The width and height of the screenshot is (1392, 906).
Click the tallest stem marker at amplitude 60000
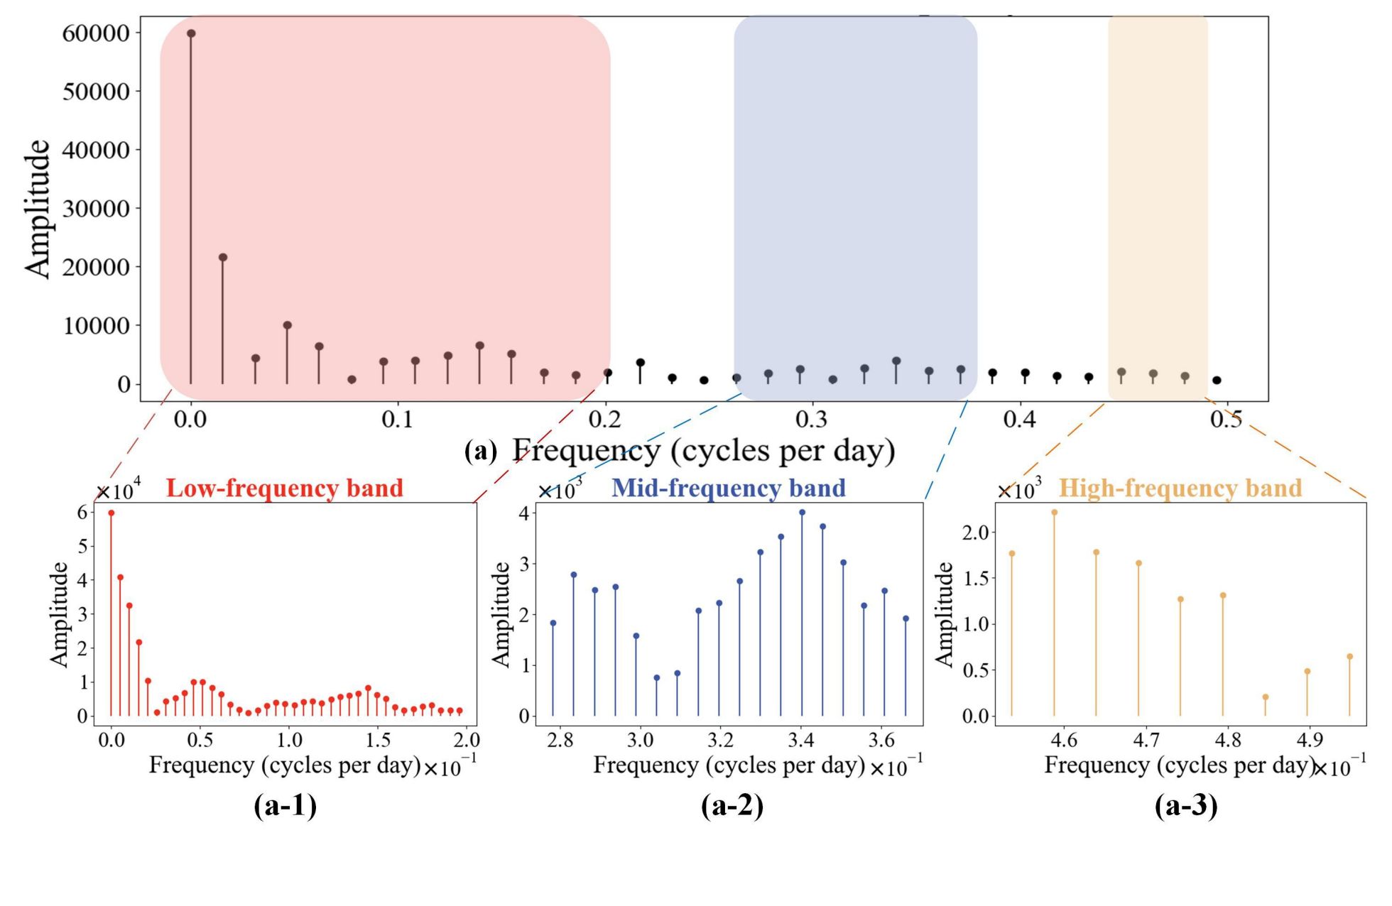pos(191,33)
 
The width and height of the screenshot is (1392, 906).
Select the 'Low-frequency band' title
pos(285,489)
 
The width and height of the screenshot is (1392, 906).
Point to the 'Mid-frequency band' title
pos(729,489)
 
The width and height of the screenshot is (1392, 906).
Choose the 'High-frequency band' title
pos(1180,489)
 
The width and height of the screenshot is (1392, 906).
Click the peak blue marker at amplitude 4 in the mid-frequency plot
pos(802,512)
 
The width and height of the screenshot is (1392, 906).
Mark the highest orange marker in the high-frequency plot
pos(1054,512)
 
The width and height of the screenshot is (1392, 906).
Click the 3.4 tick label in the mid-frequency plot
pos(800,741)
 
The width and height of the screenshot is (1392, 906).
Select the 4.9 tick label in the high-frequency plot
pos(1309,741)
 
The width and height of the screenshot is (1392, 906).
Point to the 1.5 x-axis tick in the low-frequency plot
pos(378,741)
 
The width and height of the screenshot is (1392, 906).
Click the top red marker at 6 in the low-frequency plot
pos(111,513)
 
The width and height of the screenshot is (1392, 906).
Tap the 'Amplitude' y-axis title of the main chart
pos(38,209)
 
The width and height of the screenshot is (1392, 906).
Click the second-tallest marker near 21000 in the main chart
pos(223,257)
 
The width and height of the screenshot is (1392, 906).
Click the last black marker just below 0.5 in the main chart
pos(1217,380)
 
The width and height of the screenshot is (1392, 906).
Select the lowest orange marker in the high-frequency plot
pos(1265,697)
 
